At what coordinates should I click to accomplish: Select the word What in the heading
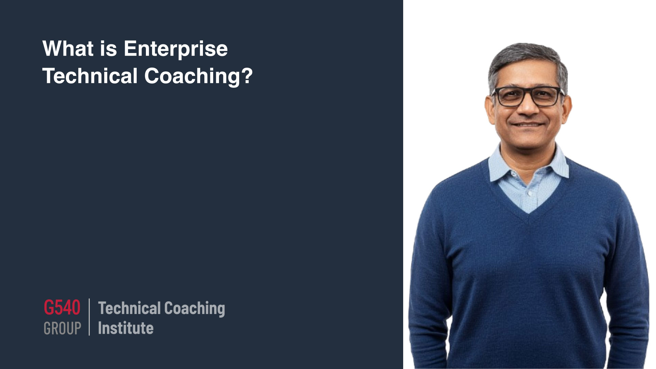click(x=68, y=48)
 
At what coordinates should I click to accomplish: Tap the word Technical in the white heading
click(x=90, y=76)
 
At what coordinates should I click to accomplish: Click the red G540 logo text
click(x=62, y=307)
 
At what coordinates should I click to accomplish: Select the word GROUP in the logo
click(x=62, y=328)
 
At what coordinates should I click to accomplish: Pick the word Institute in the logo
click(x=126, y=328)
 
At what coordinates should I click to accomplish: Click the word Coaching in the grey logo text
click(x=194, y=309)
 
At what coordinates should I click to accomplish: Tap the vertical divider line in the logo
click(x=89, y=317)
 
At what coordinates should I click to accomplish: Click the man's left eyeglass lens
click(x=510, y=97)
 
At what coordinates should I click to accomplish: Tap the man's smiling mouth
click(x=528, y=124)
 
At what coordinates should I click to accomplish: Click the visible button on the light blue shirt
click(x=529, y=194)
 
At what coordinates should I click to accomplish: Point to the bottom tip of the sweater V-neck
click(x=529, y=214)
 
